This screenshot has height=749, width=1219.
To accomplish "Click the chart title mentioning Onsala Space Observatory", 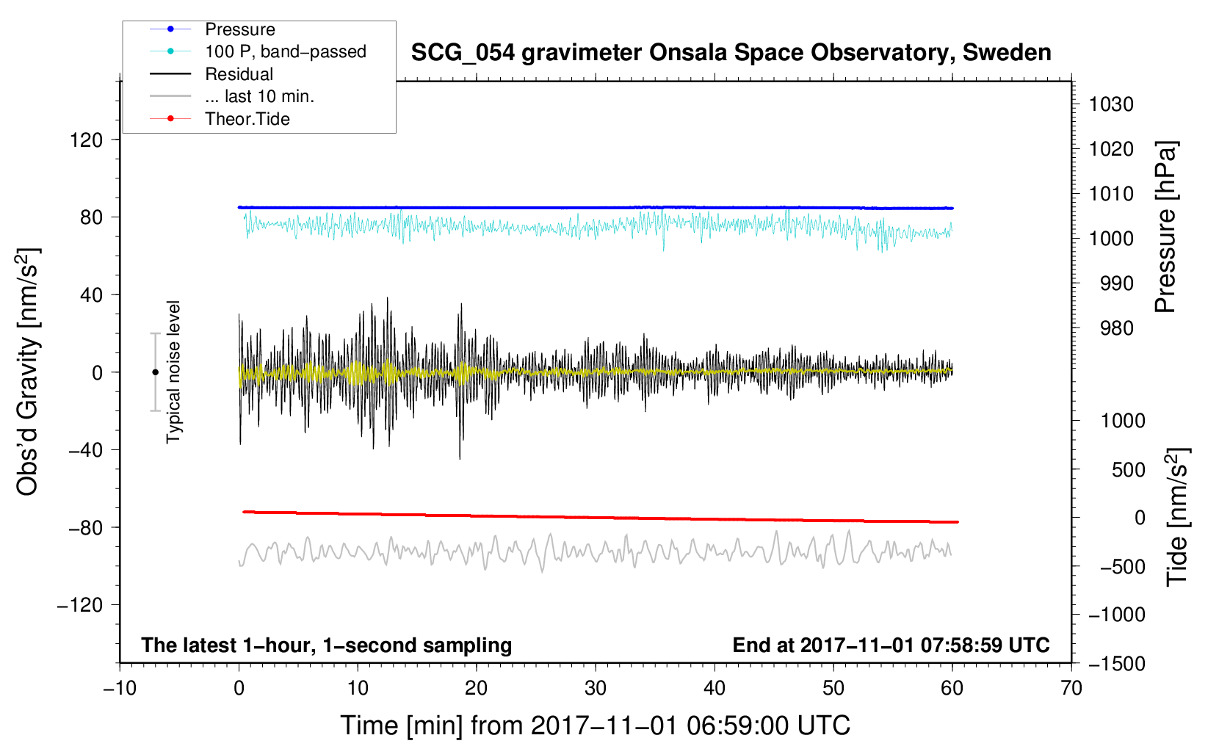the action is (731, 53).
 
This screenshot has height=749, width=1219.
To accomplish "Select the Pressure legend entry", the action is (239, 29).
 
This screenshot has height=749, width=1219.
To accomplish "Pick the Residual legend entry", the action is (239, 74).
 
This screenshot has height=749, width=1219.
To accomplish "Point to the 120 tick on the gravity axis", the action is (87, 140).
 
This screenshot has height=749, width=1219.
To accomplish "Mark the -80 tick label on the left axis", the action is (85, 527).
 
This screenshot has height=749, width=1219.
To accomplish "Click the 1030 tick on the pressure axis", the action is (1111, 104).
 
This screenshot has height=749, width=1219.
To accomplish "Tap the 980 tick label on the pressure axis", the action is (1116, 328).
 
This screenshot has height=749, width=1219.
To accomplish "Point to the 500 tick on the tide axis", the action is (1128, 470).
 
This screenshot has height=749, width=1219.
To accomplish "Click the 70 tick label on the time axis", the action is (1071, 689).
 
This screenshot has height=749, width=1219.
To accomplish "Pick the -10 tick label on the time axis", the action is (120, 689).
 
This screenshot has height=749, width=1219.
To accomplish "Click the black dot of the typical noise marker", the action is (155, 372).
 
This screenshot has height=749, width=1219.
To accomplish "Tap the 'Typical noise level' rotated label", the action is (173, 372).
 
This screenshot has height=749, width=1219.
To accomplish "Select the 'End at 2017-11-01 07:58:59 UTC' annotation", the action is (891, 645).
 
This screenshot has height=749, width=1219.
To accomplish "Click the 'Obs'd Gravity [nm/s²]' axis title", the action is (27, 372).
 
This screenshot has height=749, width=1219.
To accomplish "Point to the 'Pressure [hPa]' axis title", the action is (1165, 227).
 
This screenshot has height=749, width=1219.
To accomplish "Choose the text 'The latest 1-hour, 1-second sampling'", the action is (327, 645).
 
